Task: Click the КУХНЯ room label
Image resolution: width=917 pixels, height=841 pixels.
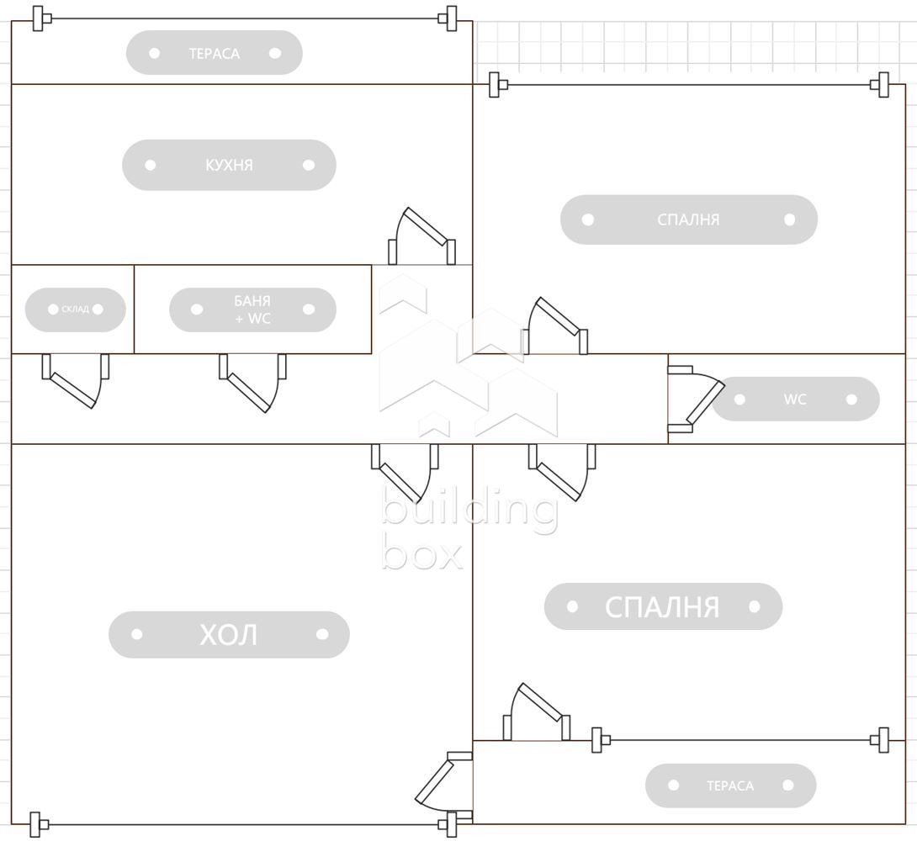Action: tap(229, 165)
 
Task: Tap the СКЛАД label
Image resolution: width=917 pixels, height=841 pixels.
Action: tap(75, 309)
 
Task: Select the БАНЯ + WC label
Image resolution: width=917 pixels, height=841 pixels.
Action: tap(252, 309)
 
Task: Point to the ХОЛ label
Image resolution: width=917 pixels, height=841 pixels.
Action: tap(229, 635)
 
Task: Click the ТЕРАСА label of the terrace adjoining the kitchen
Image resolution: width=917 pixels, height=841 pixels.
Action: tap(214, 53)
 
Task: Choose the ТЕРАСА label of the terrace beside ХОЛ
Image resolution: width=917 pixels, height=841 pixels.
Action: tap(730, 785)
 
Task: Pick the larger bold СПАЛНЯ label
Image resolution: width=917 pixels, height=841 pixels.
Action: tap(662, 606)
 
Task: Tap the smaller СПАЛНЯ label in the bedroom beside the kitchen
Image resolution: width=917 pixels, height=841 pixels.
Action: tap(688, 220)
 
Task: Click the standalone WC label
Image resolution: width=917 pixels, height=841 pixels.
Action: tap(795, 399)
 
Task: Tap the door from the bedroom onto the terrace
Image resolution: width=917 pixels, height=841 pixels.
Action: tap(537, 713)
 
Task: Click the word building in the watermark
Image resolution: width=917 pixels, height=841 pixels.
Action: tap(469, 510)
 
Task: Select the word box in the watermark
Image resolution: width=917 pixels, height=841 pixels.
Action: tap(422, 553)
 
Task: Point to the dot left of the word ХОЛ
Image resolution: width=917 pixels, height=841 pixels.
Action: tap(137, 635)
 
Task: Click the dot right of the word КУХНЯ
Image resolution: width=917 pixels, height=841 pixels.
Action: tap(309, 165)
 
